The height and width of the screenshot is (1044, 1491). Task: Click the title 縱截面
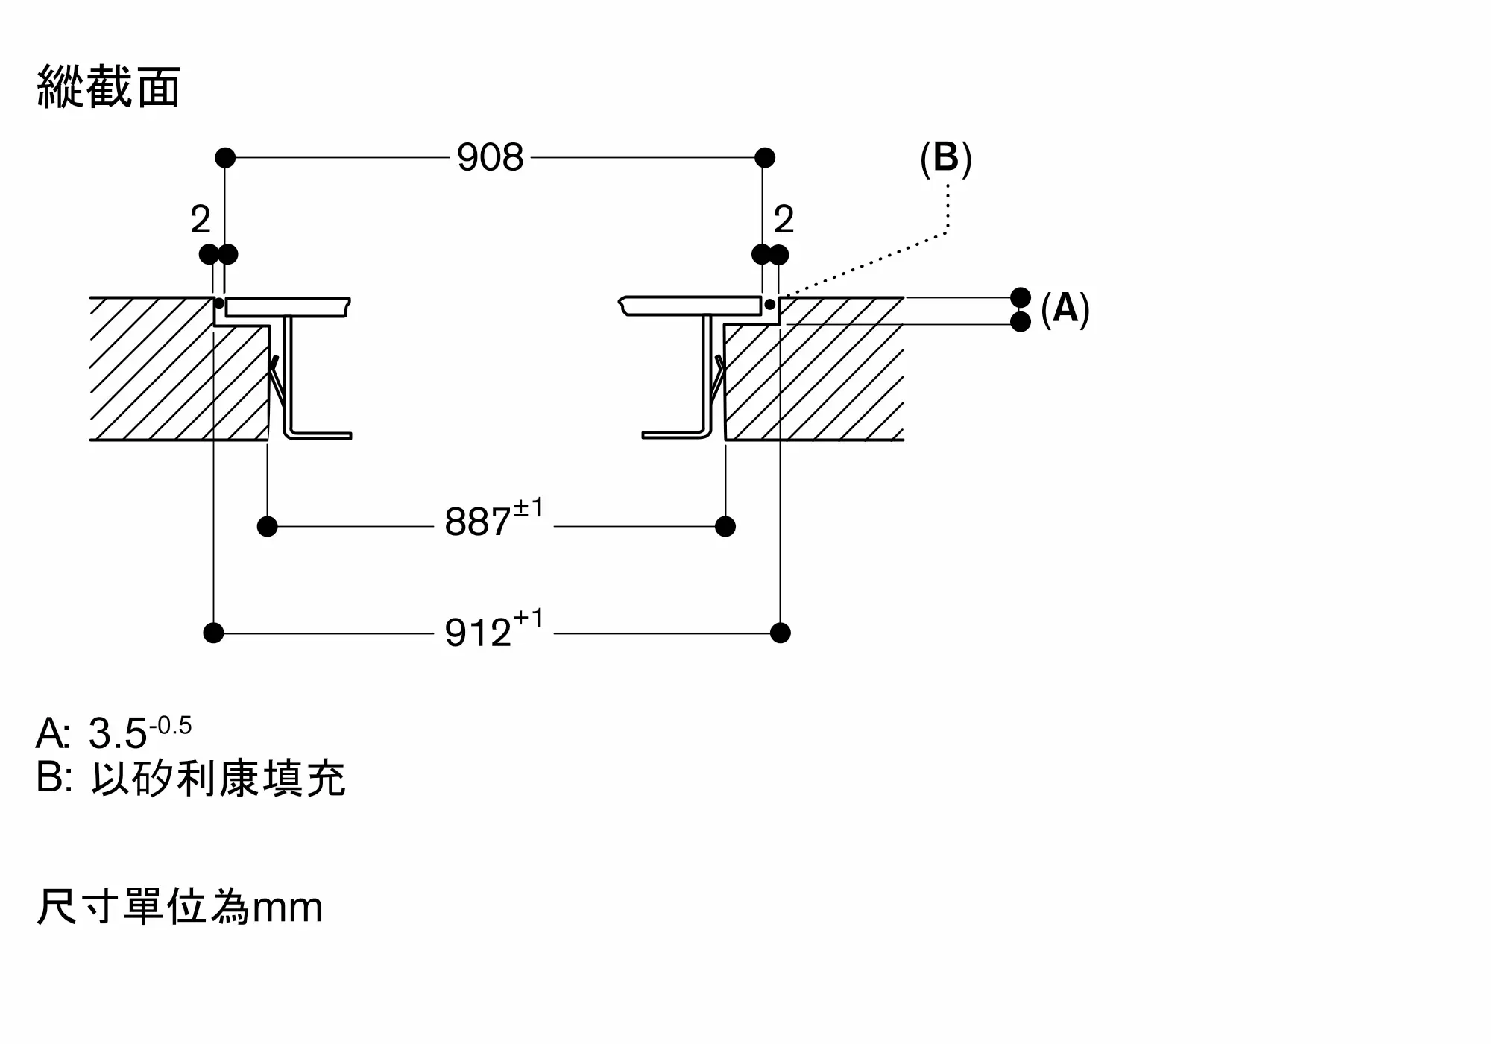[x=109, y=87]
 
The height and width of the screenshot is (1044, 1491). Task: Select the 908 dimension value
[x=491, y=158]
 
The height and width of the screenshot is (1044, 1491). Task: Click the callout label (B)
[x=946, y=158]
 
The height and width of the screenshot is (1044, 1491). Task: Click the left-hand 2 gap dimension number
[x=201, y=219]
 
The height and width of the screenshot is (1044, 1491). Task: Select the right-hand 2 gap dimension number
[x=784, y=219]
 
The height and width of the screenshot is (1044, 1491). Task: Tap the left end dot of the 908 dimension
[x=225, y=158]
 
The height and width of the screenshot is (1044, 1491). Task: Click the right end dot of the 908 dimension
[x=765, y=158]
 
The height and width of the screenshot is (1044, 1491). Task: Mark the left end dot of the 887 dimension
[x=267, y=527]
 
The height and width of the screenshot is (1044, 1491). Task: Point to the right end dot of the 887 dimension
[x=725, y=527]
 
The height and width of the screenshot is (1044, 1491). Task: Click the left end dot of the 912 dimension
[x=213, y=633]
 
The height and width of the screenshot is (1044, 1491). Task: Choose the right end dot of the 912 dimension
[x=781, y=633]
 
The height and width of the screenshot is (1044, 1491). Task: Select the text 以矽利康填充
[x=218, y=779]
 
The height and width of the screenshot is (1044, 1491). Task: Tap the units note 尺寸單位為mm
[x=180, y=906]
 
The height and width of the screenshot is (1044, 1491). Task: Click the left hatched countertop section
[x=179, y=369]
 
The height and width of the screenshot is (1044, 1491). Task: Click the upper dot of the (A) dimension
[x=1021, y=297]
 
